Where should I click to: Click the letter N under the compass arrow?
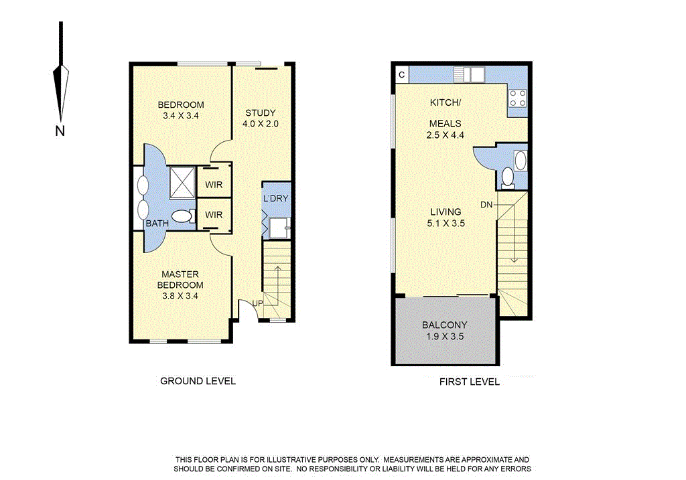point(60,131)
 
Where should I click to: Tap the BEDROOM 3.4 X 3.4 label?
point(181,110)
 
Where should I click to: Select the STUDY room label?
point(260,118)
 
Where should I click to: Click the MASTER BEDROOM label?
point(181,280)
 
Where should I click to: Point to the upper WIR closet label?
point(214,184)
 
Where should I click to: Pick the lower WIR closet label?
point(214,215)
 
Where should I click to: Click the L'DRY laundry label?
point(275,199)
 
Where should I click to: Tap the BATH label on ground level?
point(157,224)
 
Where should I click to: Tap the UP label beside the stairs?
point(257,303)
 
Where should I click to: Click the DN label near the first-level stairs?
point(486,204)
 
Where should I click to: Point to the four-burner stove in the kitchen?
point(517,98)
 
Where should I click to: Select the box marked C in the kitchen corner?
point(401,74)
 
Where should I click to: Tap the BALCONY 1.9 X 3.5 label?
point(445,331)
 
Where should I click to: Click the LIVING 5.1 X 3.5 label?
point(447,218)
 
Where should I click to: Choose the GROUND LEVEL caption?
point(198,381)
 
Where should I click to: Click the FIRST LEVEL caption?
point(469,382)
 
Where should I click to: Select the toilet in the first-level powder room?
point(508,177)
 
